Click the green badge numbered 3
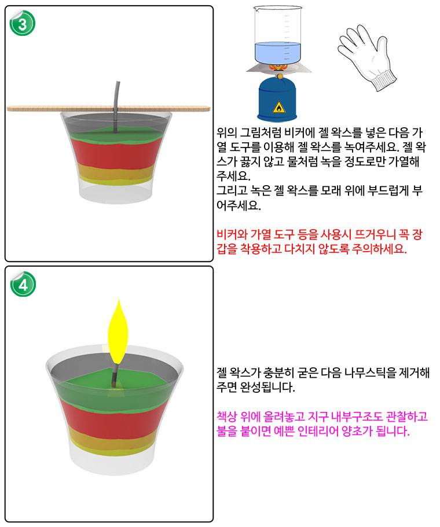(x=22, y=23)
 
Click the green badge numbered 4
(x=23, y=285)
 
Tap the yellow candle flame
(x=118, y=331)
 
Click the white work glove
(x=367, y=57)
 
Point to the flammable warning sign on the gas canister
(x=279, y=107)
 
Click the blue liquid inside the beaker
(x=277, y=53)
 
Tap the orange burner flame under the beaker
(x=279, y=68)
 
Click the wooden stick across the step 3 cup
(x=108, y=109)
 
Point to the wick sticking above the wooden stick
(x=116, y=94)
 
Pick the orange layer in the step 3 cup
(x=115, y=173)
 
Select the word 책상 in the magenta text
(x=227, y=417)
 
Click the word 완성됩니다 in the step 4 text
(x=267, y=388)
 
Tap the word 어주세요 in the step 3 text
(x=239, y=205)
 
